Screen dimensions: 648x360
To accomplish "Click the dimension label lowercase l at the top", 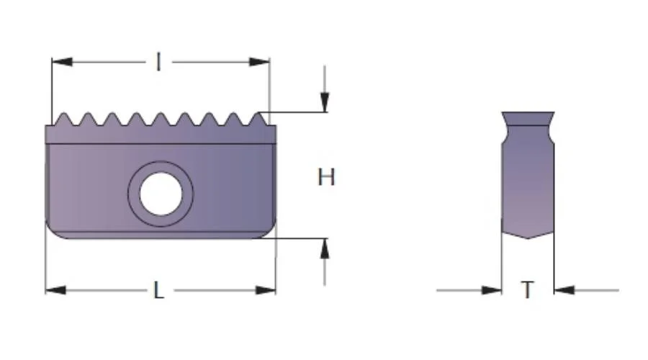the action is (158, 62).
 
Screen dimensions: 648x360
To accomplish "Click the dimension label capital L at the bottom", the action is (159, 290).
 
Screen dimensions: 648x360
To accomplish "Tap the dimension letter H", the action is (326, 177).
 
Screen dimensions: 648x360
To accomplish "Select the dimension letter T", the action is (527, 289).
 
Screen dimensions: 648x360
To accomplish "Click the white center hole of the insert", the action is (161, 194).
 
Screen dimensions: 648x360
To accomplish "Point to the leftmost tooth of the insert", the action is (63, 119).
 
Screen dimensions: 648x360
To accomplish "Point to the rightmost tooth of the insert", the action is (258, 119).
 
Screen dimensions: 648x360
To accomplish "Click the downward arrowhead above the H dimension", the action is (325, 102).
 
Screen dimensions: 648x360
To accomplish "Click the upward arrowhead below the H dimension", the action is (325, 249).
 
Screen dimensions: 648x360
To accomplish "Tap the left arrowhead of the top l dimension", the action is (62, 62).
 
